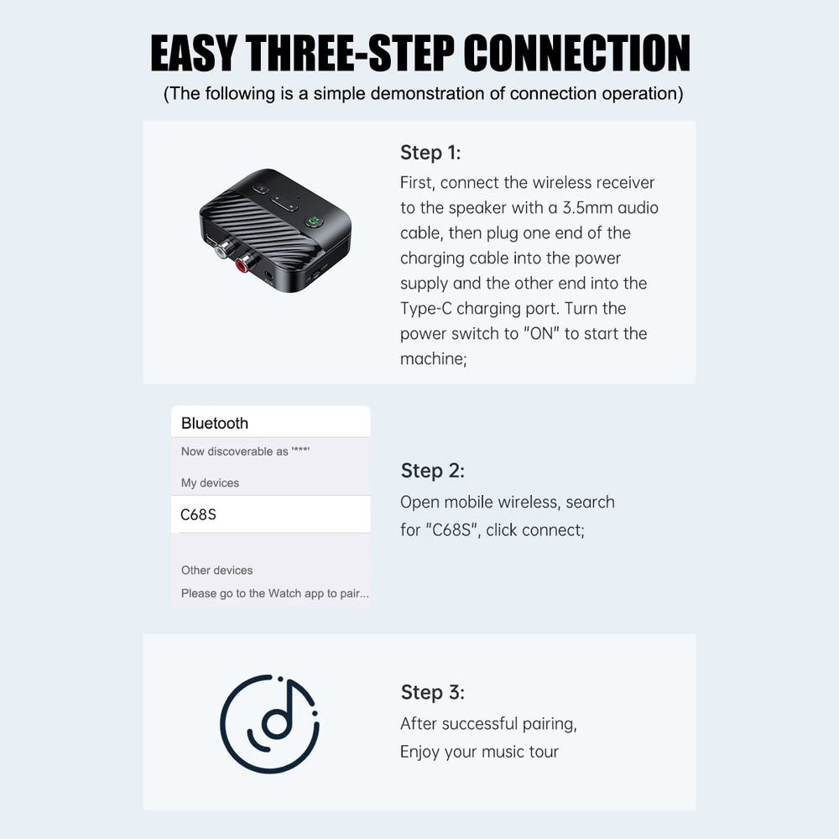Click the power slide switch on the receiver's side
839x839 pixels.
[x=317, y=274]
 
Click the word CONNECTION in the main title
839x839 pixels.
[x=576, y=54]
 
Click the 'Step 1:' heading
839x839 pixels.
[x=430, y=153]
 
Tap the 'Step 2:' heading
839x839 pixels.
[x=432, y=471]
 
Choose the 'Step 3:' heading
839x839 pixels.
[x=432, y=692]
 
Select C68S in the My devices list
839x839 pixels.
[x=199, y=514]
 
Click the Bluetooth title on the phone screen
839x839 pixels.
[x=215, y=424]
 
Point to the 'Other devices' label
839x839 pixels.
[x=216, y=571]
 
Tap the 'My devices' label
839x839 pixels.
[x=210, y=483]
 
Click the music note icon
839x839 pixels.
[x=269, y=723]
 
